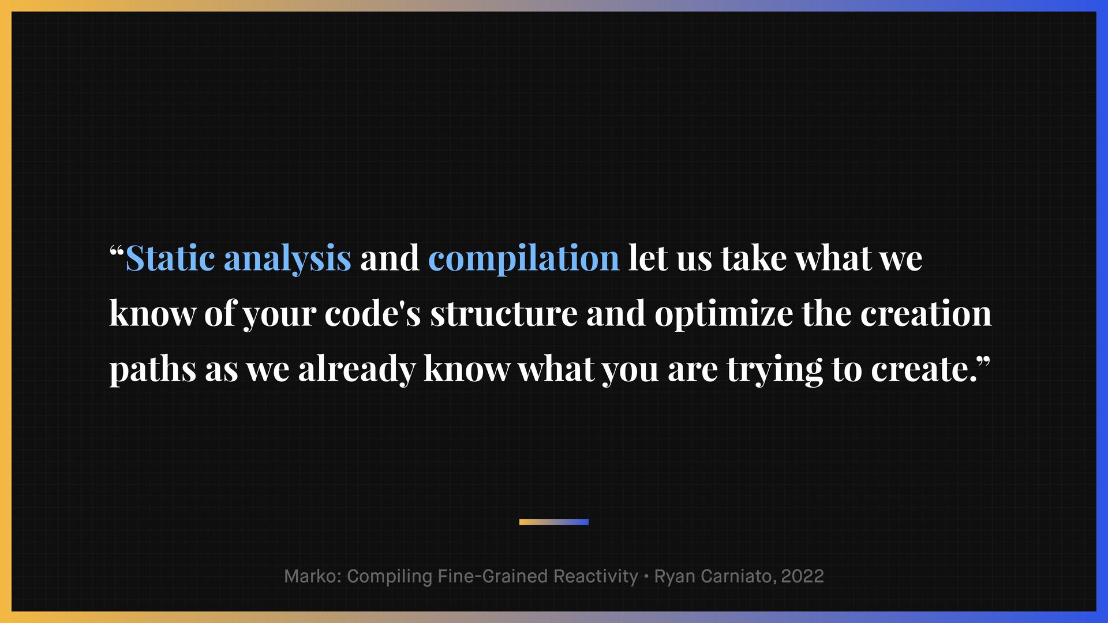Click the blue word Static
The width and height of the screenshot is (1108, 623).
170,258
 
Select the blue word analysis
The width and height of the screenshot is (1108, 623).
287,260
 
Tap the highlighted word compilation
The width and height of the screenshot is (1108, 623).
524,259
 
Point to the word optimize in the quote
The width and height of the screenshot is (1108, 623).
724,315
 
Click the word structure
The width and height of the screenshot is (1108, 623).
504,315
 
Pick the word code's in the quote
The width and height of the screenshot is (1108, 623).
373,313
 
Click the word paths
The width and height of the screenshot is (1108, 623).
153,370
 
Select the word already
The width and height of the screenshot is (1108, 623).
357,370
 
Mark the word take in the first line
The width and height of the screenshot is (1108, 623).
754,258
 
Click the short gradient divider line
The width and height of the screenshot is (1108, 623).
554,522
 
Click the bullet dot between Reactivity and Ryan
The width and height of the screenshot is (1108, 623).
646,576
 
